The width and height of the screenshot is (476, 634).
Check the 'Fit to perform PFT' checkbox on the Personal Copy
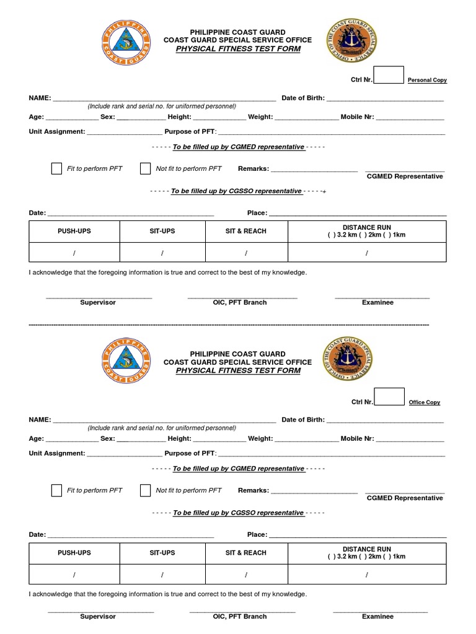[x=56, y=168]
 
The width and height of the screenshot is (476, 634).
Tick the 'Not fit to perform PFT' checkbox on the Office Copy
[x=145, y=490]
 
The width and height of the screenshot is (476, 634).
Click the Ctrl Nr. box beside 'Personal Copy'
[x=389, y=75]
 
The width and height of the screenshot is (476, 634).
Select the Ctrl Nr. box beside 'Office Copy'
[x=389, y=397]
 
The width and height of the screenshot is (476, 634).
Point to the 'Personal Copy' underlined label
[x=427, y=80]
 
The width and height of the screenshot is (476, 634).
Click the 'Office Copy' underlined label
[x=425, y=402]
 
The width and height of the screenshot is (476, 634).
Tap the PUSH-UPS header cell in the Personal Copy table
[x=74, y=231]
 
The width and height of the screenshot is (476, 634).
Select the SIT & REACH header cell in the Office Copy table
[x=246, y=553]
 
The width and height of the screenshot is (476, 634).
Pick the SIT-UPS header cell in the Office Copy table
[x=162, y=553]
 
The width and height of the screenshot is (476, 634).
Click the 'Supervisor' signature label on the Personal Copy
[x=98, y=303]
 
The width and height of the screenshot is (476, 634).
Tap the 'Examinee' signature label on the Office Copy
[x=378, y=617]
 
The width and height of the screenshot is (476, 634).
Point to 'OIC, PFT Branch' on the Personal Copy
[x=240, y=303]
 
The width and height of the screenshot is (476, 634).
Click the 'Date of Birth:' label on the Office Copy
[x=303, y=420]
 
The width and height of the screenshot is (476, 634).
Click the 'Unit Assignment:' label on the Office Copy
[x=56, y=453]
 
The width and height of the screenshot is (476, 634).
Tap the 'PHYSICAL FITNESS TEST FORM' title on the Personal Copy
[x=238, y=49]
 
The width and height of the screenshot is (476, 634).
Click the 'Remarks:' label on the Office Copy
[x=253, y=490]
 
